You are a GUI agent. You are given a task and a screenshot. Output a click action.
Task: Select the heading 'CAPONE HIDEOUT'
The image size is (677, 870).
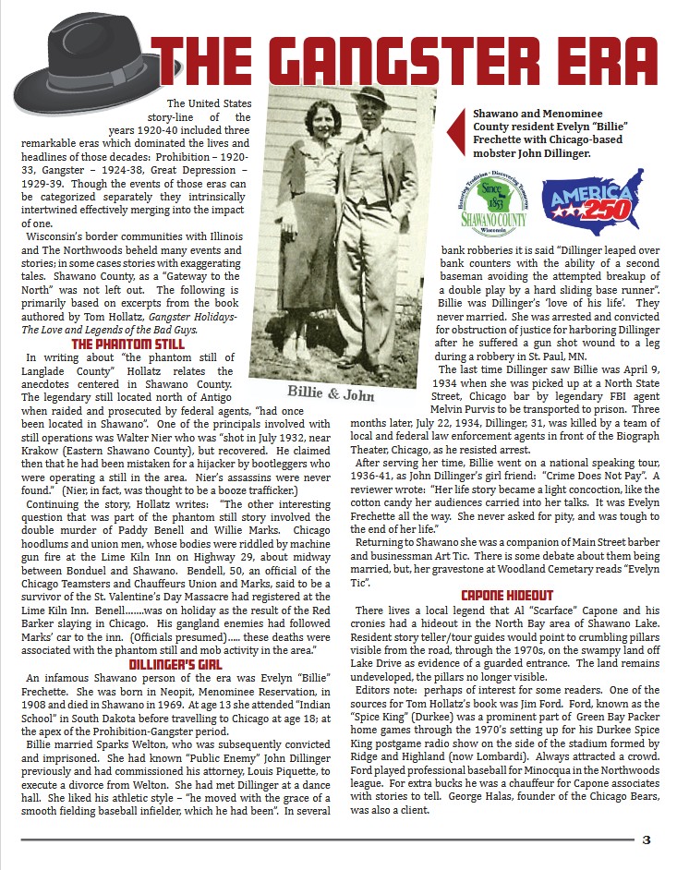(x=506, y=596)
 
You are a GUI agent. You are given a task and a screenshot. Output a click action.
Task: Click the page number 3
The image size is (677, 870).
(x=647, y=840)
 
